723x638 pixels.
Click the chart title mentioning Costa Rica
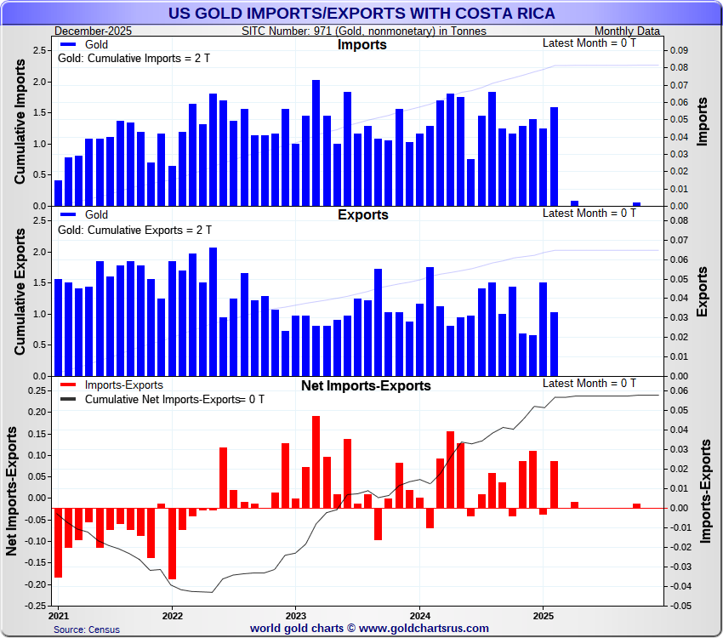(x=361, y=13)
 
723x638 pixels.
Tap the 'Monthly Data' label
(x=628, y=31)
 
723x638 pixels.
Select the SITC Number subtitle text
(x=364, y=31)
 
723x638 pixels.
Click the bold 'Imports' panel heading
(x=361, y=45)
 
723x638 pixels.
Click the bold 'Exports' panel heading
(x=362, y=214)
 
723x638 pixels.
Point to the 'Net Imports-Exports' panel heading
(x=366, y=385)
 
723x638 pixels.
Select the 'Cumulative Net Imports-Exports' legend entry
(x=162, y=399)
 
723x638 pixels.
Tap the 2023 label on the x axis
(x=295, y=614)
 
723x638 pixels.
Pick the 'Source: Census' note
(x=87, y=629)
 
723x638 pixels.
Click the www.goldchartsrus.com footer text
(x=370, y=628)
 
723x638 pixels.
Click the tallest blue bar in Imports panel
(x=316, y=143)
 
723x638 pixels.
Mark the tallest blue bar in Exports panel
(x=213, y=311)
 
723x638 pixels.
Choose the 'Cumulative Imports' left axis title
(x=20, y=128)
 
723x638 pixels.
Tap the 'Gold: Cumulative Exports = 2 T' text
(x=134, y=230)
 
